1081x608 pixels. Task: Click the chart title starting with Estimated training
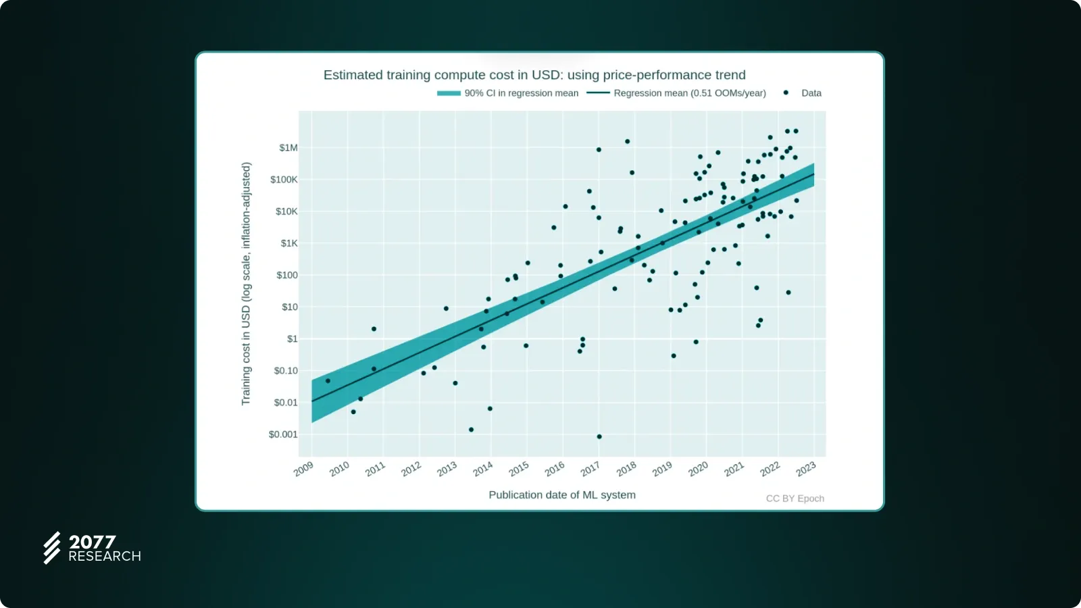point(534,75)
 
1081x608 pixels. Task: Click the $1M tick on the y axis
point(288,148)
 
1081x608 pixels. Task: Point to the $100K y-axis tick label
point(284,180)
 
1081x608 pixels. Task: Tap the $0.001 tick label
point(283,434)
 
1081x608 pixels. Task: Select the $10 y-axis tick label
point(290,307)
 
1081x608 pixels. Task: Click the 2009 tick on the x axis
point(303,469)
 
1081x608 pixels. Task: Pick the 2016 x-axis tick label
point(555,469)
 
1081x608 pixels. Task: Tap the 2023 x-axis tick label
point(805,469)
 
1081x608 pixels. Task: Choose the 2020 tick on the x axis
point(698,469)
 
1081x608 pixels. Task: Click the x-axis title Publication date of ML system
point(562,495)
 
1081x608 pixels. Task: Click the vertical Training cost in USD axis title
point(246,284)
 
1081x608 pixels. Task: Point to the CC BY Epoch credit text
point(795,499)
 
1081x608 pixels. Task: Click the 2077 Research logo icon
point(52,547)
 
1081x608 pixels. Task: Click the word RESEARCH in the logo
point(105,557)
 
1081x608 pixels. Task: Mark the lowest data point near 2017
point(599,436)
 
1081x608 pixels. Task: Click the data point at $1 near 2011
point(374,329)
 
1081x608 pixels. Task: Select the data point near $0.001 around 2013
point(471,430)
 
